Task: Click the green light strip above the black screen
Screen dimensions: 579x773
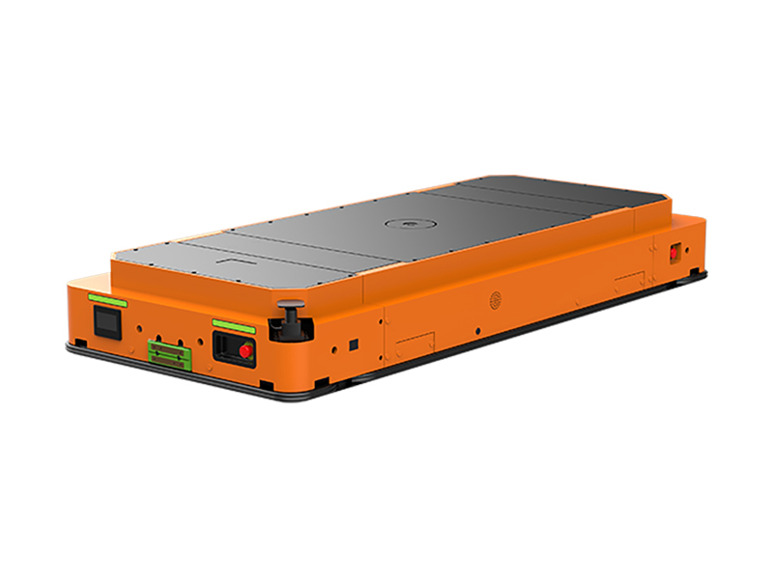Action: point(106,298)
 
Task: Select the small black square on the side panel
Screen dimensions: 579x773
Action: point(355,343)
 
